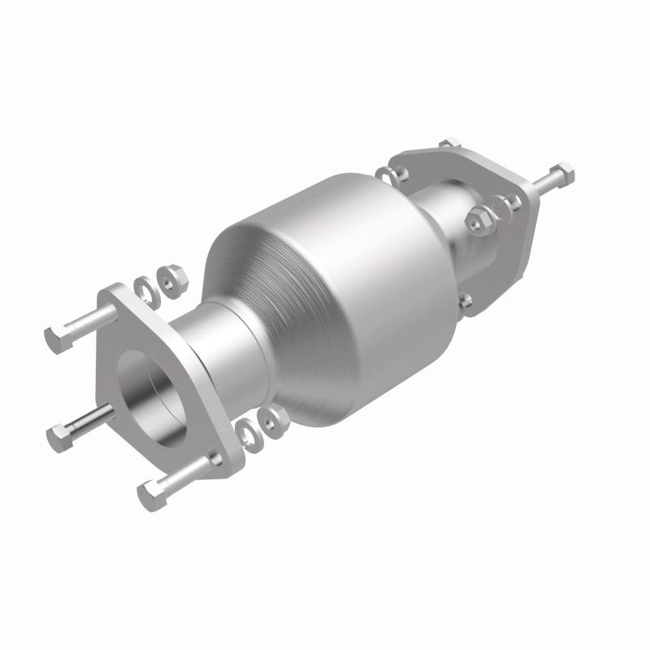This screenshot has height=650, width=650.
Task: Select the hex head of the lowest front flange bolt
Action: click(152, 493)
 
